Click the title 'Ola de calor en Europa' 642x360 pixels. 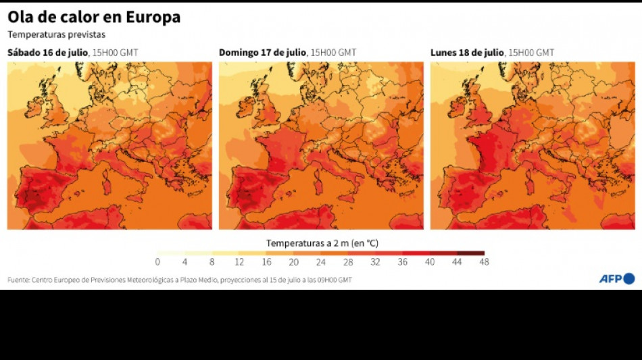[94, 18]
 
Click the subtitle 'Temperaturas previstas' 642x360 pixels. [57, 35]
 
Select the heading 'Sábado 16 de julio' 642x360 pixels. [47, 53]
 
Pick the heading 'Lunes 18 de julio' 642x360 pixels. [467, 53]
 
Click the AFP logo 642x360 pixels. [616, 278]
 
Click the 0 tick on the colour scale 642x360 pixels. [157, 262]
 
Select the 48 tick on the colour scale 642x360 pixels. [484, 262]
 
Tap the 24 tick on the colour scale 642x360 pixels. [321, 262]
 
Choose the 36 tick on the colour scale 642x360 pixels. [402, 262]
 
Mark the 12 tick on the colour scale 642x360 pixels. [239, 262]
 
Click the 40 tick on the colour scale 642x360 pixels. [429, 262]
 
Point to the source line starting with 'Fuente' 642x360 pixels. [180, 280]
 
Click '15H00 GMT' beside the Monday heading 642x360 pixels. [531, 53]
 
